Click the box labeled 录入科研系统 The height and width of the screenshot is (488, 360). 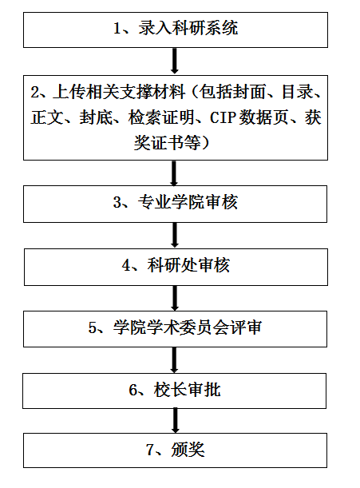pyautogui.click(x=176, y=30)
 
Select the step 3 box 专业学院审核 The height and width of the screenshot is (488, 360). pyautogui.click(x=175, y=204)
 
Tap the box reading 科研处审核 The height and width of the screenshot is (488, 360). pyautogui.click(x=176, y=267)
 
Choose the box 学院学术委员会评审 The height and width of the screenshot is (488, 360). pyautogui.click(x=175, y=329)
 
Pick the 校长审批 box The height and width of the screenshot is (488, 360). pyautogui.click(x=175, y=391)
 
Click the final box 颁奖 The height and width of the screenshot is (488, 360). pyautogui.click(x=175, y=450)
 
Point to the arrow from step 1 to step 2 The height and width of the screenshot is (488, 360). pyautogui.click(x=175, y=61)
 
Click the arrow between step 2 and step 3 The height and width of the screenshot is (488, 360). pyautogui.click(x=174, y=173)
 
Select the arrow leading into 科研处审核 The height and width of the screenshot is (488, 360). pyautogui.click(x=175, y=236)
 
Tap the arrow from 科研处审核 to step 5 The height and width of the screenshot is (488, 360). pyautogui.click(x=175, y=298)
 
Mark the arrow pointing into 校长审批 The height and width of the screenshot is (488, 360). pyautogui.click(x=174, y=360)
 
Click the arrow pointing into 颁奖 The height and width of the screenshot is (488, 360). pyautogui.click(x=176, y=421)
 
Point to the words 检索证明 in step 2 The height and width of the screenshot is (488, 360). pyautogui.click(x=161, y=117)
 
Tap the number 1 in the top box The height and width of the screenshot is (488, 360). pyautogui.click(x=117, y=29)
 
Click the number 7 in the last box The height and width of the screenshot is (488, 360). pyautogui.click(x=150, y=450)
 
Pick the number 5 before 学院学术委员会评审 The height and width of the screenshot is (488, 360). pyautogui.click(x=93, y=327)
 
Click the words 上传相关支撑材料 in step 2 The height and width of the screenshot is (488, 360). pyautogui.click(x=119, y=92)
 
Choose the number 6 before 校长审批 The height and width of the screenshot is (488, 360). pyautogui.click(x=133, y=390)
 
